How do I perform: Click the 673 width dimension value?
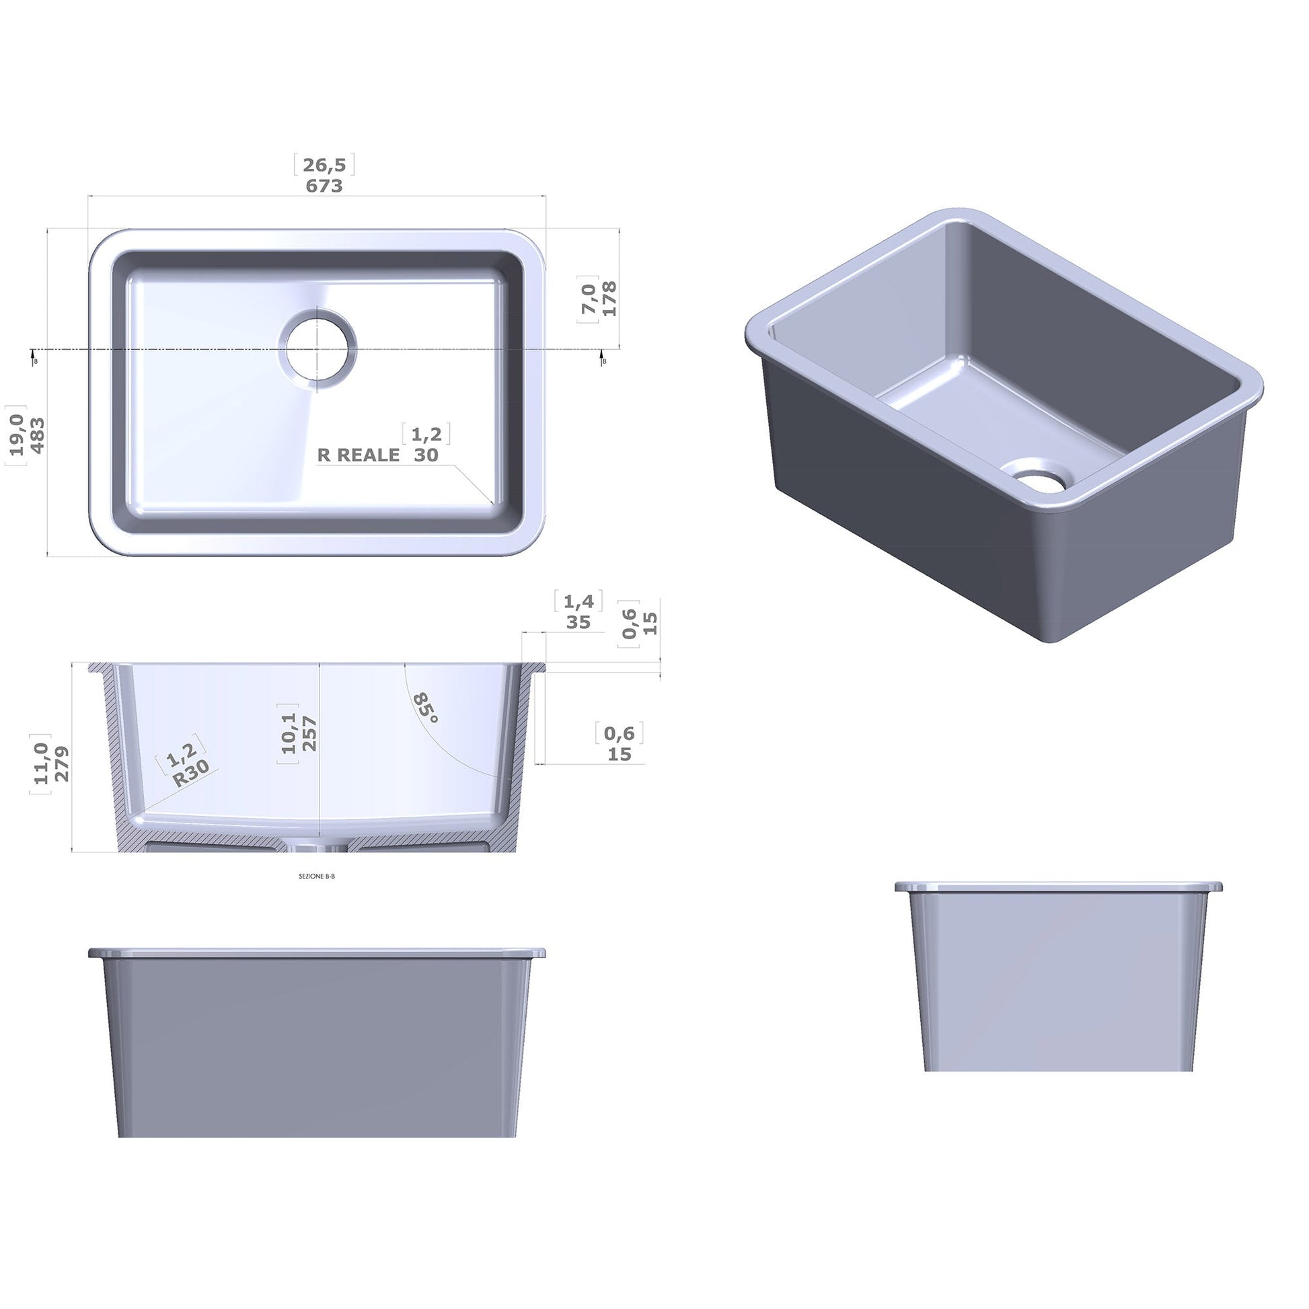click(324, 186)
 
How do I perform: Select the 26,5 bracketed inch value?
click(324, 165)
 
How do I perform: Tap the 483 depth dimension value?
click(37, 436)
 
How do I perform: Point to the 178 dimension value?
click(609, 298)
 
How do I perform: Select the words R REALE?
click(359, 455)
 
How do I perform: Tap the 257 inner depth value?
click(309, 733)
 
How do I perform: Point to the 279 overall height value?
click(61, 763)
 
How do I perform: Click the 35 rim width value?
click(578, 622)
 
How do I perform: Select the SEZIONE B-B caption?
click(316, 876)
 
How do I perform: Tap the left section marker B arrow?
click(34, 357)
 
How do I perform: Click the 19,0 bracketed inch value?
click(17, 436)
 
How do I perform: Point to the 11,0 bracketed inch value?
click(41, 763)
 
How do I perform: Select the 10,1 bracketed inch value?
click(289, 733)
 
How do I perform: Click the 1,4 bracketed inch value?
click(578, 601)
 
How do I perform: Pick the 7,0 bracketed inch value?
click(588, 298)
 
